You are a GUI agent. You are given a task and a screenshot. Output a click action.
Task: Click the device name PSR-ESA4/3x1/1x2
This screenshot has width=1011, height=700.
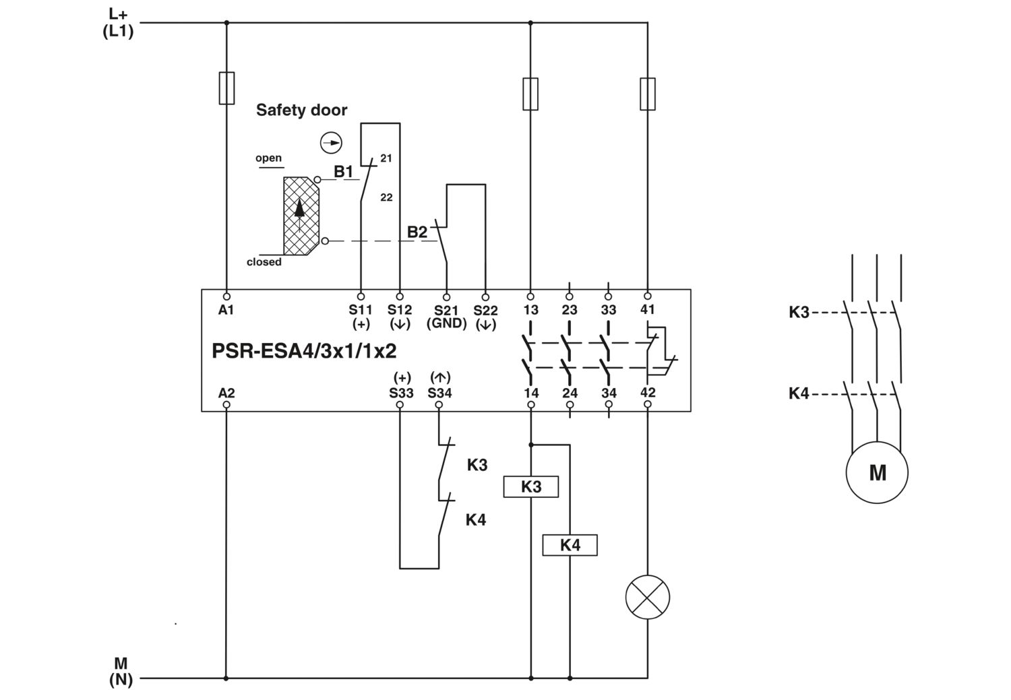[304, 351]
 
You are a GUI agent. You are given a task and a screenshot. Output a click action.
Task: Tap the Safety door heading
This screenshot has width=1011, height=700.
[301, 110]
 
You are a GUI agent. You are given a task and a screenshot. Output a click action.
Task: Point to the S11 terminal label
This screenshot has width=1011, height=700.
[361, 310]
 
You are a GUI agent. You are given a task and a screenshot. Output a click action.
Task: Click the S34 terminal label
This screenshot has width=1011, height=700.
[440, 393]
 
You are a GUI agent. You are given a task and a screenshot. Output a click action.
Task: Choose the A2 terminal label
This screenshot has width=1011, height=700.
[226, 393]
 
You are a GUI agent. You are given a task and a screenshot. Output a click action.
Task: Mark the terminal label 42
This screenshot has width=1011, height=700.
[648, 392]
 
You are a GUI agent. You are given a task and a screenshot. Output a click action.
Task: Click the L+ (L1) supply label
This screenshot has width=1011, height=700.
[118, 23]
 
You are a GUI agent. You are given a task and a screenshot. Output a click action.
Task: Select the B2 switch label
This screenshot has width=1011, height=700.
[417, 232]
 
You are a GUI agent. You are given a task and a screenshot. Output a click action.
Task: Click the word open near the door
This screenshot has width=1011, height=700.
[268, 158]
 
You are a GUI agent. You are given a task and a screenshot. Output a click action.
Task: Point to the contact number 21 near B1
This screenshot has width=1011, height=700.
[386, 158]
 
